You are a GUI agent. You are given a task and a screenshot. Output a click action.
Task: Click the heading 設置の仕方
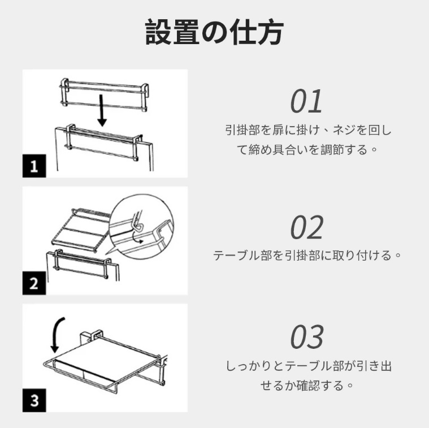click(214, 32)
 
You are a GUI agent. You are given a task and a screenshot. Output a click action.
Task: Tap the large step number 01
click(306, 101)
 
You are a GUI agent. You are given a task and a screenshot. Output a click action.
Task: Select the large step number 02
click(307, 227)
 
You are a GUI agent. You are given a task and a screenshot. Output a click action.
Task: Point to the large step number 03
click(307, 337)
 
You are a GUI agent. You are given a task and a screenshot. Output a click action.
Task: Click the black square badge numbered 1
click(34, 166)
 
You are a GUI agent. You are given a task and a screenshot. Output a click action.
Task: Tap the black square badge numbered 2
click(34, 283)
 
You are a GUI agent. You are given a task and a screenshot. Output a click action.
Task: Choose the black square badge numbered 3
click(34, 400)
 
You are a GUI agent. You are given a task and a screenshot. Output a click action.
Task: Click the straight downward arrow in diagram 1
click(102, 110)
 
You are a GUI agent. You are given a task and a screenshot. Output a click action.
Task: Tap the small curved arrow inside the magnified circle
click(136, 239)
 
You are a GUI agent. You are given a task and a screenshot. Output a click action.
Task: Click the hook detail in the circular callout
click(138, 222)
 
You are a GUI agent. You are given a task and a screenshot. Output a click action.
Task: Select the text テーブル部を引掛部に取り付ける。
click(307, 256)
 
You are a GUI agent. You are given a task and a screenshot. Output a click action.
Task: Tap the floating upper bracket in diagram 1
click(104, 95)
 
